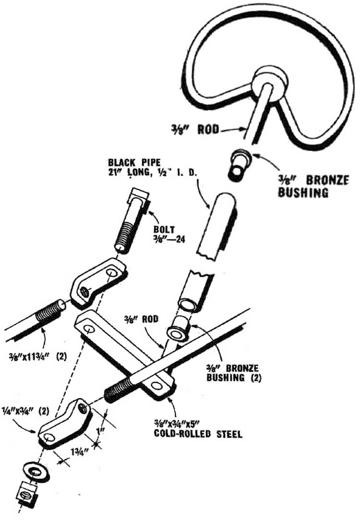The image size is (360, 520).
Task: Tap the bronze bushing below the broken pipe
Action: coord(180,329)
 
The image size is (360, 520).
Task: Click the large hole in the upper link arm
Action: coord(111,273)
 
